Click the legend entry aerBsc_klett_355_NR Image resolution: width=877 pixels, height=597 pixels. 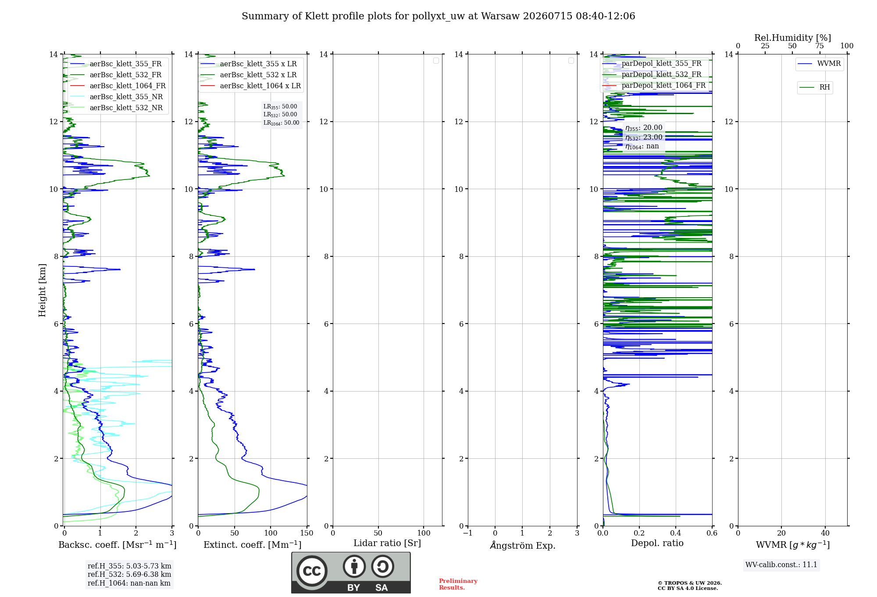point(116,97)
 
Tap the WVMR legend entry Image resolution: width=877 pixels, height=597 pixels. point(819,64)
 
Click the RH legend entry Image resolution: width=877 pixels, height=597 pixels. point(815,87)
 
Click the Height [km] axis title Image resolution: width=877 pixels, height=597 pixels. point(42,290)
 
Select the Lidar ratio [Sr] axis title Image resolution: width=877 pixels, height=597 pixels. point(387,543)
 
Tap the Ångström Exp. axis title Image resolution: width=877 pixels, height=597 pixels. point(523,545)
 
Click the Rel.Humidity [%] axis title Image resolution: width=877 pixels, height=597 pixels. point(793,38)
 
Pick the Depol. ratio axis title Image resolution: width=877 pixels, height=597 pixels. point(657,543)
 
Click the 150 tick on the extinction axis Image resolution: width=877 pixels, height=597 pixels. point(307,533)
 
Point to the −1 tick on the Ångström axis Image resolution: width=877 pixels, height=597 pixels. point(468,533)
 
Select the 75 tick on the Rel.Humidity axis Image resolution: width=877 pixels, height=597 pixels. point(820,46)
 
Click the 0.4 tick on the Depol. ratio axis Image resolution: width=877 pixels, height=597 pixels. point(676,533)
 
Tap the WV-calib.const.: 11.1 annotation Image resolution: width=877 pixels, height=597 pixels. point(781,565)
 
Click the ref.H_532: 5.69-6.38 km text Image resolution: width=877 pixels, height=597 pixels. point(129,574)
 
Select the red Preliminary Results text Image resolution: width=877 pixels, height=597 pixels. point(458,584)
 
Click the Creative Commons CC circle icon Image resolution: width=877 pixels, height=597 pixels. point(312,571)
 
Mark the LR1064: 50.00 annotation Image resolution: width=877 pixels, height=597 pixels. point(282,123)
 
